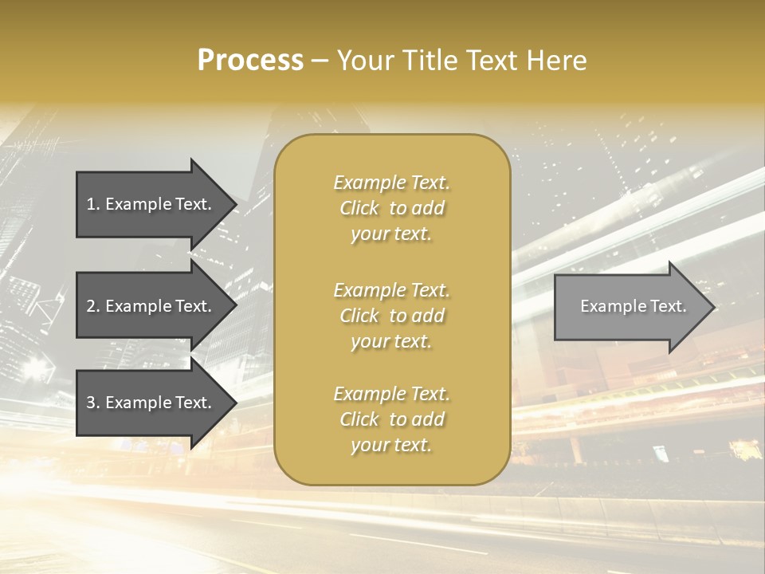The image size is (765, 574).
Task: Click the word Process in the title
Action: tap(250, 61)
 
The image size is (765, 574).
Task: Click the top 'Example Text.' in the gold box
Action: tap(391, 183)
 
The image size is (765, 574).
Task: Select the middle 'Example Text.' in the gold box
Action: tap(391, 289)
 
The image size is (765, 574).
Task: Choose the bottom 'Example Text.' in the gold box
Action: tap(391, 394)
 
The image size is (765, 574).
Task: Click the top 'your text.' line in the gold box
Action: tap(391, 234)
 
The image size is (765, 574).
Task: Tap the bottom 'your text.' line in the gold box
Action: tap(391, 446)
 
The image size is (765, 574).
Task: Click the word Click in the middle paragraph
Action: tap(359, 316)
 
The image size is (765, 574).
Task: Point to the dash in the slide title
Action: tap(320, 61)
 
